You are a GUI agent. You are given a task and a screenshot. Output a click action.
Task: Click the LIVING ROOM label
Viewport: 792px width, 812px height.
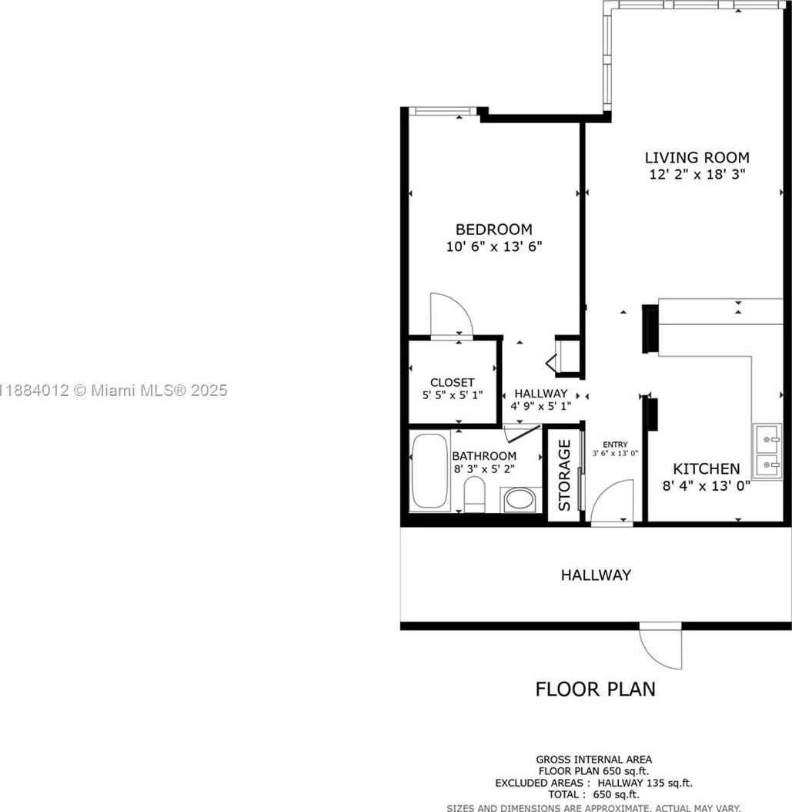coord(697,158)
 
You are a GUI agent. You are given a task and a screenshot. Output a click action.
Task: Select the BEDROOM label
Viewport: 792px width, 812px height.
coord(494,230)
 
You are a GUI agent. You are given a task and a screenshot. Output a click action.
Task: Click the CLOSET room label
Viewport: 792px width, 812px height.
coord(452,382)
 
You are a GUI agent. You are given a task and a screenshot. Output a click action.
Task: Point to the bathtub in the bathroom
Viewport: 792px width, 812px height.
coord(429,471)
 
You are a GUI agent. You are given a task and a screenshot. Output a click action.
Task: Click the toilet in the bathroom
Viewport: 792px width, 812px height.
coord(474,494)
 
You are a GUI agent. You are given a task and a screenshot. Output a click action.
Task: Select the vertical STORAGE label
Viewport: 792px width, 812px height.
coord(564,475)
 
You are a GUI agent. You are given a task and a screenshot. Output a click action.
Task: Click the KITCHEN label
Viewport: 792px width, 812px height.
coord(707,468)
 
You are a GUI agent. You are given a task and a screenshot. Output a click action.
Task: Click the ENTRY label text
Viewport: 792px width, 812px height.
coord(615,444)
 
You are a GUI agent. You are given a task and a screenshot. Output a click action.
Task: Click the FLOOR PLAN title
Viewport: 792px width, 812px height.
coord(595,688)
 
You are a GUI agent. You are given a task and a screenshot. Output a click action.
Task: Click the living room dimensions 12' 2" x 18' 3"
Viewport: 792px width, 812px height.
coord(697,174)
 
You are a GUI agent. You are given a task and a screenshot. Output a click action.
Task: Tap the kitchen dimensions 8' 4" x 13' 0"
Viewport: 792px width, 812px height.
coord(707,485)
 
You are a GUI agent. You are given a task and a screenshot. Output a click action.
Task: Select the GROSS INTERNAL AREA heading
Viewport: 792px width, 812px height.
coord(595,760)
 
